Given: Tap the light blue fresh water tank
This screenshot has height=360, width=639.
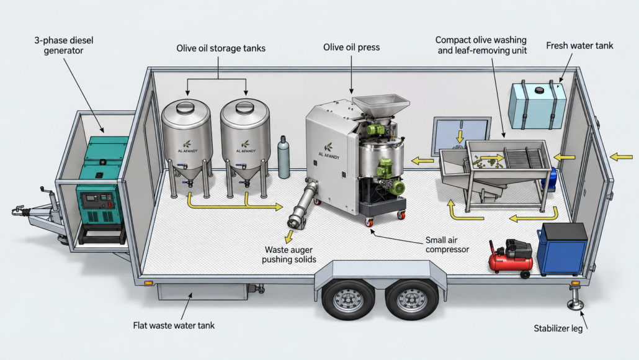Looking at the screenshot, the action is tap(537, 106).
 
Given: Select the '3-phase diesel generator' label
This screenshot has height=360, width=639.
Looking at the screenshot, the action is tap(63, 45).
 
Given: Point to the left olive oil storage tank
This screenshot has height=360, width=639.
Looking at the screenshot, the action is tap(187, 143).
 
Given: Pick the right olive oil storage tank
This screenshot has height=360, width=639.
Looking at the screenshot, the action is tap(245, 143).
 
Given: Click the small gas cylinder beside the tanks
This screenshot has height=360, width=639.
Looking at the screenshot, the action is tap(284, 158).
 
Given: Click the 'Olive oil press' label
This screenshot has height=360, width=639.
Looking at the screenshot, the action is tap(351, 47).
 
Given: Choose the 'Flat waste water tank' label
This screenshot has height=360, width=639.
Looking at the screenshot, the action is tap(174, 325).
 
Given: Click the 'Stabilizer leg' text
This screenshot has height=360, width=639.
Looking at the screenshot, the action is tap(558, 328).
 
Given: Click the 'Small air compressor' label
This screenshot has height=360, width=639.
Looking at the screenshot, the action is tap(447, 245).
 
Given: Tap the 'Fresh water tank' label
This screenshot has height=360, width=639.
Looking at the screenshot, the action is tap(579, 46).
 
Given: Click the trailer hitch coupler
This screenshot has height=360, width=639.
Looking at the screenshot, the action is tap(17, 211).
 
